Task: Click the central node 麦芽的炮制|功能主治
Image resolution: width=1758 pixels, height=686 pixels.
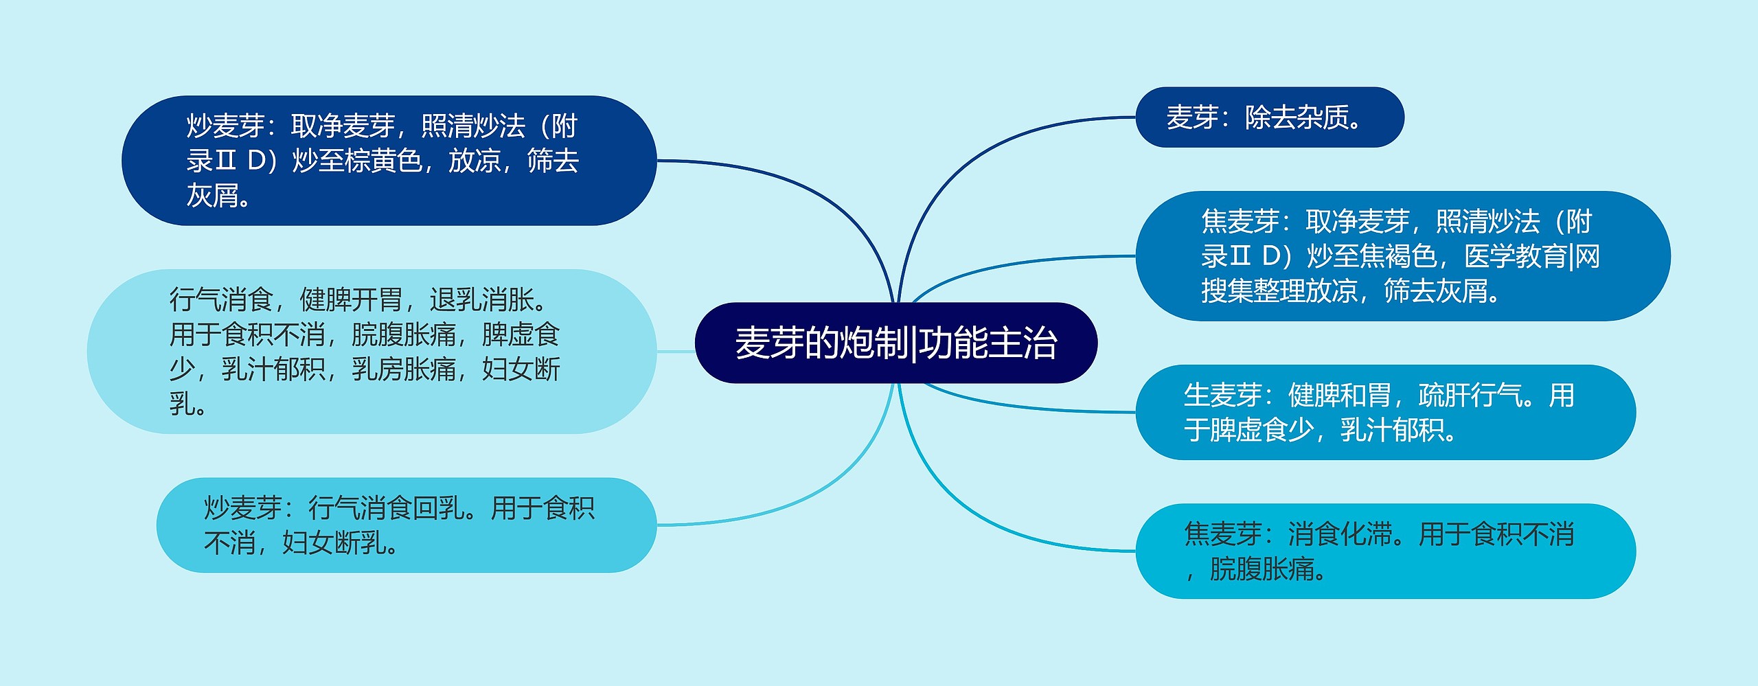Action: pos(895,343)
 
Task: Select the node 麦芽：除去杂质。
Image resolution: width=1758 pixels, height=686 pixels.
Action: pos(1269,117)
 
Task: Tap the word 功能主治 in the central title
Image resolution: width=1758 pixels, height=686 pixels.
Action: pos(989,343)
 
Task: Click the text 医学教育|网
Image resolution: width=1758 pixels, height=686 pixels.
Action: pos(1532,256)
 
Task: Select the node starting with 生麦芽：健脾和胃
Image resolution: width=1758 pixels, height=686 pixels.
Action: pos(1384,412)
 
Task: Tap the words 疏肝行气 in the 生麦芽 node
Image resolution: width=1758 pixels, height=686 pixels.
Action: pos(1470,396)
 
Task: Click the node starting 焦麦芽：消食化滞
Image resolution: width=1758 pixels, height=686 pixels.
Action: pos(1384,551)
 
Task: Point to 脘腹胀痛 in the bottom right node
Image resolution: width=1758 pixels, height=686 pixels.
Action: pos(1262,569)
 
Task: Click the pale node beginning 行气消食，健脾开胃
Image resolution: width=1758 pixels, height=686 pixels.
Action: pos(371,352)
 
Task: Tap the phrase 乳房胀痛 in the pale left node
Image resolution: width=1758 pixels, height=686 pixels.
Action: pos(404,369)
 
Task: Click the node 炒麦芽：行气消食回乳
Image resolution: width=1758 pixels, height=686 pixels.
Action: pos(405,525)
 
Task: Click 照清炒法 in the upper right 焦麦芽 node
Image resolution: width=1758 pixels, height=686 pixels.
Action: pos(1488,221)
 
